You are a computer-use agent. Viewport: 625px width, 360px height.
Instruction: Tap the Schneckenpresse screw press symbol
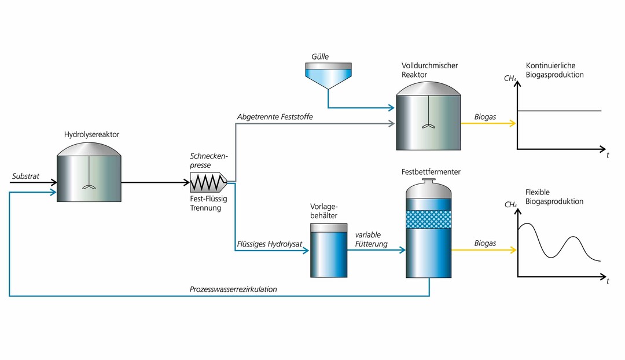(x=208, y=183)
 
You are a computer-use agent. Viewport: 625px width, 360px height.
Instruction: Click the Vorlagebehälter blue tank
(x=329, y=253)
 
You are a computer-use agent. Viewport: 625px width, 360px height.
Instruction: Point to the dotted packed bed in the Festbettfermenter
(x=428, y=219)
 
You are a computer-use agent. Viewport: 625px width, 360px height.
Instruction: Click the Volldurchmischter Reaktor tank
(x=428, y=119)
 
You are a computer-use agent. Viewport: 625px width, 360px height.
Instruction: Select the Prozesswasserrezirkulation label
(x=233, y=289)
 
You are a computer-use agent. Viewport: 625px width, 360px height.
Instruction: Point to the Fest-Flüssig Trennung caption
(x=209, y=204)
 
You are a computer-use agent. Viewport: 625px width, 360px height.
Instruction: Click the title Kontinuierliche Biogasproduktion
(x=554, y=70)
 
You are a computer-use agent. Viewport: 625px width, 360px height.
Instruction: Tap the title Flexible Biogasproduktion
(x=554, y=197)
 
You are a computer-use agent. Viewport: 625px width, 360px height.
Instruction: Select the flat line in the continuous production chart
(x=559, y=111)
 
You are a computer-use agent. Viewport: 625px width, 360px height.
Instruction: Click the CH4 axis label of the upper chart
(x=510, y=78)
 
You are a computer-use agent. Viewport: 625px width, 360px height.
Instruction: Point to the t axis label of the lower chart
(x=608, y=281)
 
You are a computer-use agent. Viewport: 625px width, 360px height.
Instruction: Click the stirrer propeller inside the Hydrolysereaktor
(x=89, y=186)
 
